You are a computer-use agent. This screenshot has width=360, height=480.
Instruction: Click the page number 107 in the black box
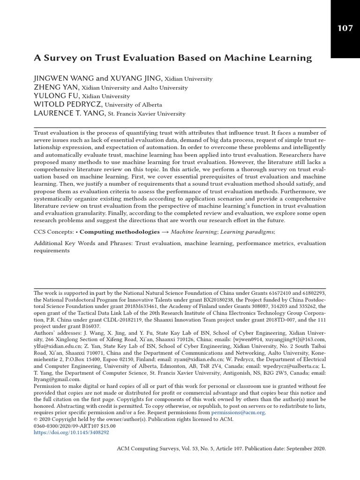[x=345, y=28]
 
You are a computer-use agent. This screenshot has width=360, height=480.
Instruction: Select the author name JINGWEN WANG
[x=64, y=78]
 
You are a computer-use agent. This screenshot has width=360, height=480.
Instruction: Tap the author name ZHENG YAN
[x=56, y=87]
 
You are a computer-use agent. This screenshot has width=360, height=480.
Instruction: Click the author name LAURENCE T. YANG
[x=69, y=113]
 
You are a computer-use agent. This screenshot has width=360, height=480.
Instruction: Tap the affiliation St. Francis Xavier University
[x=146, y=114]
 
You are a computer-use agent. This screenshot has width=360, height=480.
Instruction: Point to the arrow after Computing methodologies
[x=165, y=232]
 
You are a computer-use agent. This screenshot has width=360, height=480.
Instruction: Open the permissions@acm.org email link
[x=238, y=412]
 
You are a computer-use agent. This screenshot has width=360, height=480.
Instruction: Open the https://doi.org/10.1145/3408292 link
[x=71, y=433]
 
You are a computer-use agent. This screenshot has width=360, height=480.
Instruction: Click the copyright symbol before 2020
[x=36, y=420]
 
